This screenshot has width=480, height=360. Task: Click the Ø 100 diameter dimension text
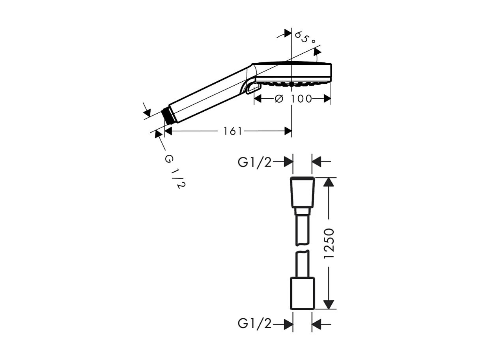click(x=293, y=99)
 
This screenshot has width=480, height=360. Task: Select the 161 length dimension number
click(x=233, y=131)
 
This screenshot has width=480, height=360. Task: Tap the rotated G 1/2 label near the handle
click(x=174, y=172)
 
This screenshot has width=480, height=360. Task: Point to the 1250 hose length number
click(x=329, y=243)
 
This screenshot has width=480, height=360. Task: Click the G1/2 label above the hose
click(x=254, y=162)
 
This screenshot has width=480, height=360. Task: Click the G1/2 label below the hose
click(x=254, y=324)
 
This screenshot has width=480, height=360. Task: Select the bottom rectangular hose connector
click(x=303, y=293)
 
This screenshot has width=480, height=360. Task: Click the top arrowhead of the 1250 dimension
click(x=329, y=182)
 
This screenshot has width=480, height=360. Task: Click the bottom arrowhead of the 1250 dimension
click(x=329, y=304)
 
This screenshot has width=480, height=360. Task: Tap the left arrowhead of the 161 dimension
click(x=168, y=131)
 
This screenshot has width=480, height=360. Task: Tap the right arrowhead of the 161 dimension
click(x=288, y=131)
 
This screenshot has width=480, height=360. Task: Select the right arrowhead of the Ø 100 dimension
click(x=327, y=99)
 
